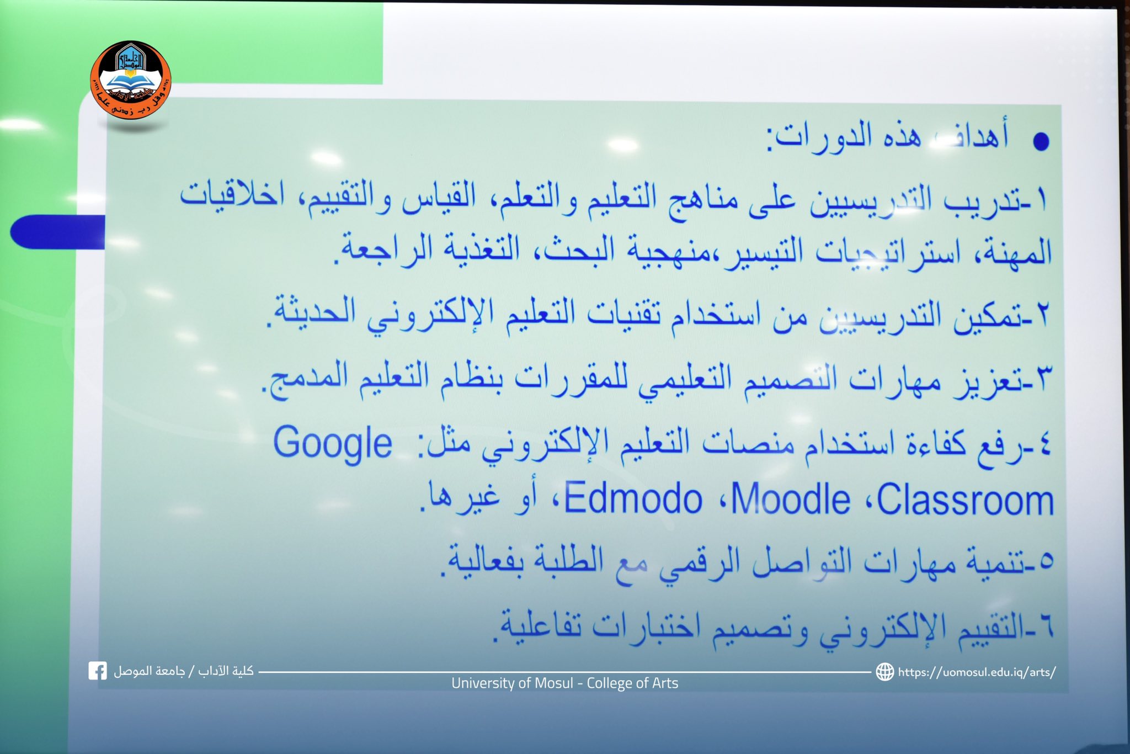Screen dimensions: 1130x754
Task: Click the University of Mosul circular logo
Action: (131, 79)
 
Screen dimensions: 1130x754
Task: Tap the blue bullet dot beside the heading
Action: (1041, 141)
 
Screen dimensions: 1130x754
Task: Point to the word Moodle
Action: (790, 499)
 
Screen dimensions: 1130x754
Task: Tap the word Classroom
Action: (965, 500)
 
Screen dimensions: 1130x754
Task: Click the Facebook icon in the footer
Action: (98, 671)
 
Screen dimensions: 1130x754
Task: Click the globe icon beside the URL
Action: (885, 672)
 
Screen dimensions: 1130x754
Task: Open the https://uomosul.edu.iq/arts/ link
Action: (977, 672)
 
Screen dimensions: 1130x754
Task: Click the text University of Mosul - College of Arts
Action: (564, 683)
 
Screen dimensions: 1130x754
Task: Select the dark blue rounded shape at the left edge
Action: (57, 232)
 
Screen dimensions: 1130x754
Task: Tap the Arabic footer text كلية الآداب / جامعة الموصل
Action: (183, 671)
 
